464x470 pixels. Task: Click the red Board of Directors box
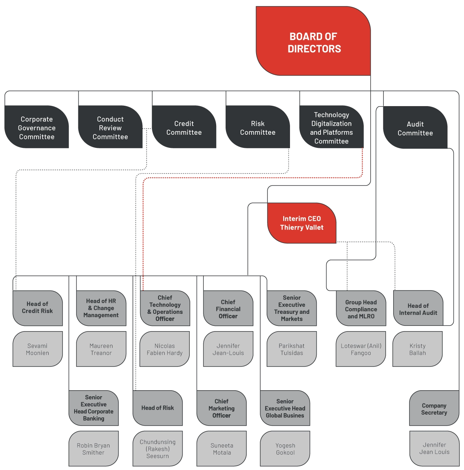pyautogui.click(x=313, y=41)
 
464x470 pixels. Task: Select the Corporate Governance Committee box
pyautogui.click(x=37, y=127)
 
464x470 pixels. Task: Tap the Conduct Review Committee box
pyautogui.click(x=110, y=127)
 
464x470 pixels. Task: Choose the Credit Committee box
pyautogui.click(x=184, y=127)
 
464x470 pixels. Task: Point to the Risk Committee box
pyautogui.click(x=258, y=127)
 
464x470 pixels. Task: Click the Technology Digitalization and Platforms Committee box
pyautogui.click(x=331, y=127)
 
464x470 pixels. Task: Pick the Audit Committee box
pyautogui.click(x=415, y=127)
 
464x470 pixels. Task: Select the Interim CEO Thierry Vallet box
pyautogui.click(x=302, y=223)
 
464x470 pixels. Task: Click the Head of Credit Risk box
pyautogui.click(x=38, y=308)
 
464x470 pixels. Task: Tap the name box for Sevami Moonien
pyautogui.click(x=38, y=349)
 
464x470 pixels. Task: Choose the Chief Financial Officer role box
pyautogui.click(x=228, y=308)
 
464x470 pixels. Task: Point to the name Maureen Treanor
pyautogui.click(x=101, y=349)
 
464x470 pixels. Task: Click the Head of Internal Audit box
pyautogui.click(x=418, y=308)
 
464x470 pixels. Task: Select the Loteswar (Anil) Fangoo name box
pyautogui.click(x=361, y=349)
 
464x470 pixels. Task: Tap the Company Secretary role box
pyautogui.click(x=434, y=408)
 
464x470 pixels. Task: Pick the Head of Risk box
pyautogui.click(x=157, y=408)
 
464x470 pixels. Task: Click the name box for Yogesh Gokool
pyautogui.click(x=285, y=449)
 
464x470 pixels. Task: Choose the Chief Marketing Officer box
pyautogui.click(x=221, y=408)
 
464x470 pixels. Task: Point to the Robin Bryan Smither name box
pyautogui.click(x=93, y=449)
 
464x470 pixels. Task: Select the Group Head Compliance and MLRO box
pyautogui.click(x=361, y=308)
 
